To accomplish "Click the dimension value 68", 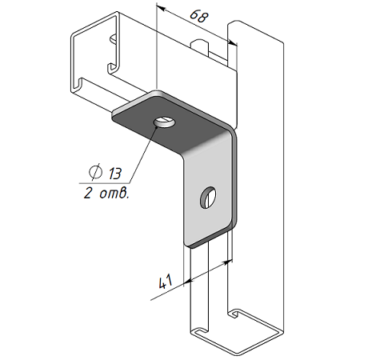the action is pos(199,17).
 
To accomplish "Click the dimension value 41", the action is pos(166,282).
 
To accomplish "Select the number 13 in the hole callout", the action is pos(115,174).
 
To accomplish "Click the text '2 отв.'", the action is pos(106,193).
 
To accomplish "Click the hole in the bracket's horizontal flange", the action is pos(164,123).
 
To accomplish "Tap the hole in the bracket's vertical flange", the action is pos(208,198).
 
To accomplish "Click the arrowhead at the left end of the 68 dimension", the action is pos(161,8).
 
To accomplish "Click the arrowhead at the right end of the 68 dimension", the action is pos(232,42).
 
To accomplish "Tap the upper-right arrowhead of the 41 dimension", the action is pos(228,262).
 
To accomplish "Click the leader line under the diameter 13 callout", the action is pos(104,183).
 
